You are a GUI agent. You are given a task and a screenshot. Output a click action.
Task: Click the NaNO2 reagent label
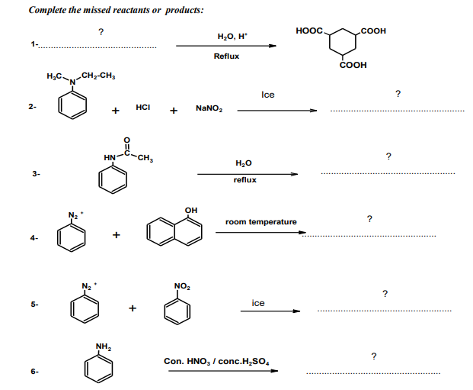pyautogui.click(x=209, y=108)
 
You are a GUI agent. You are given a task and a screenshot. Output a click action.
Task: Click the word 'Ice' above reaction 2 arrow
pyautogui.click(x=267, y=95)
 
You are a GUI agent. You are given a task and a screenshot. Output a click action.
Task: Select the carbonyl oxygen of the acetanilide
pyautogui.click(x=126, y=139)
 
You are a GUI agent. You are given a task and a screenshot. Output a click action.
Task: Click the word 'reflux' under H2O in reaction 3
pyautogui.click(x=245, y=180)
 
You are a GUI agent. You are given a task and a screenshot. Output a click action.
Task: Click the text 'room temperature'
pyautogui.click(x=261, y=222)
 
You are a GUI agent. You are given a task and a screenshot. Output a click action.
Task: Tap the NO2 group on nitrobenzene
pyautogui.click(x=182, y=286)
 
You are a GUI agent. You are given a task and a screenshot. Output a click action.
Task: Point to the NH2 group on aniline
pyautogui.click(x=104, y=347)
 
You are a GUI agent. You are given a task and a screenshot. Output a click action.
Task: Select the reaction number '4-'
pyautogui.click(x=34, y=238)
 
